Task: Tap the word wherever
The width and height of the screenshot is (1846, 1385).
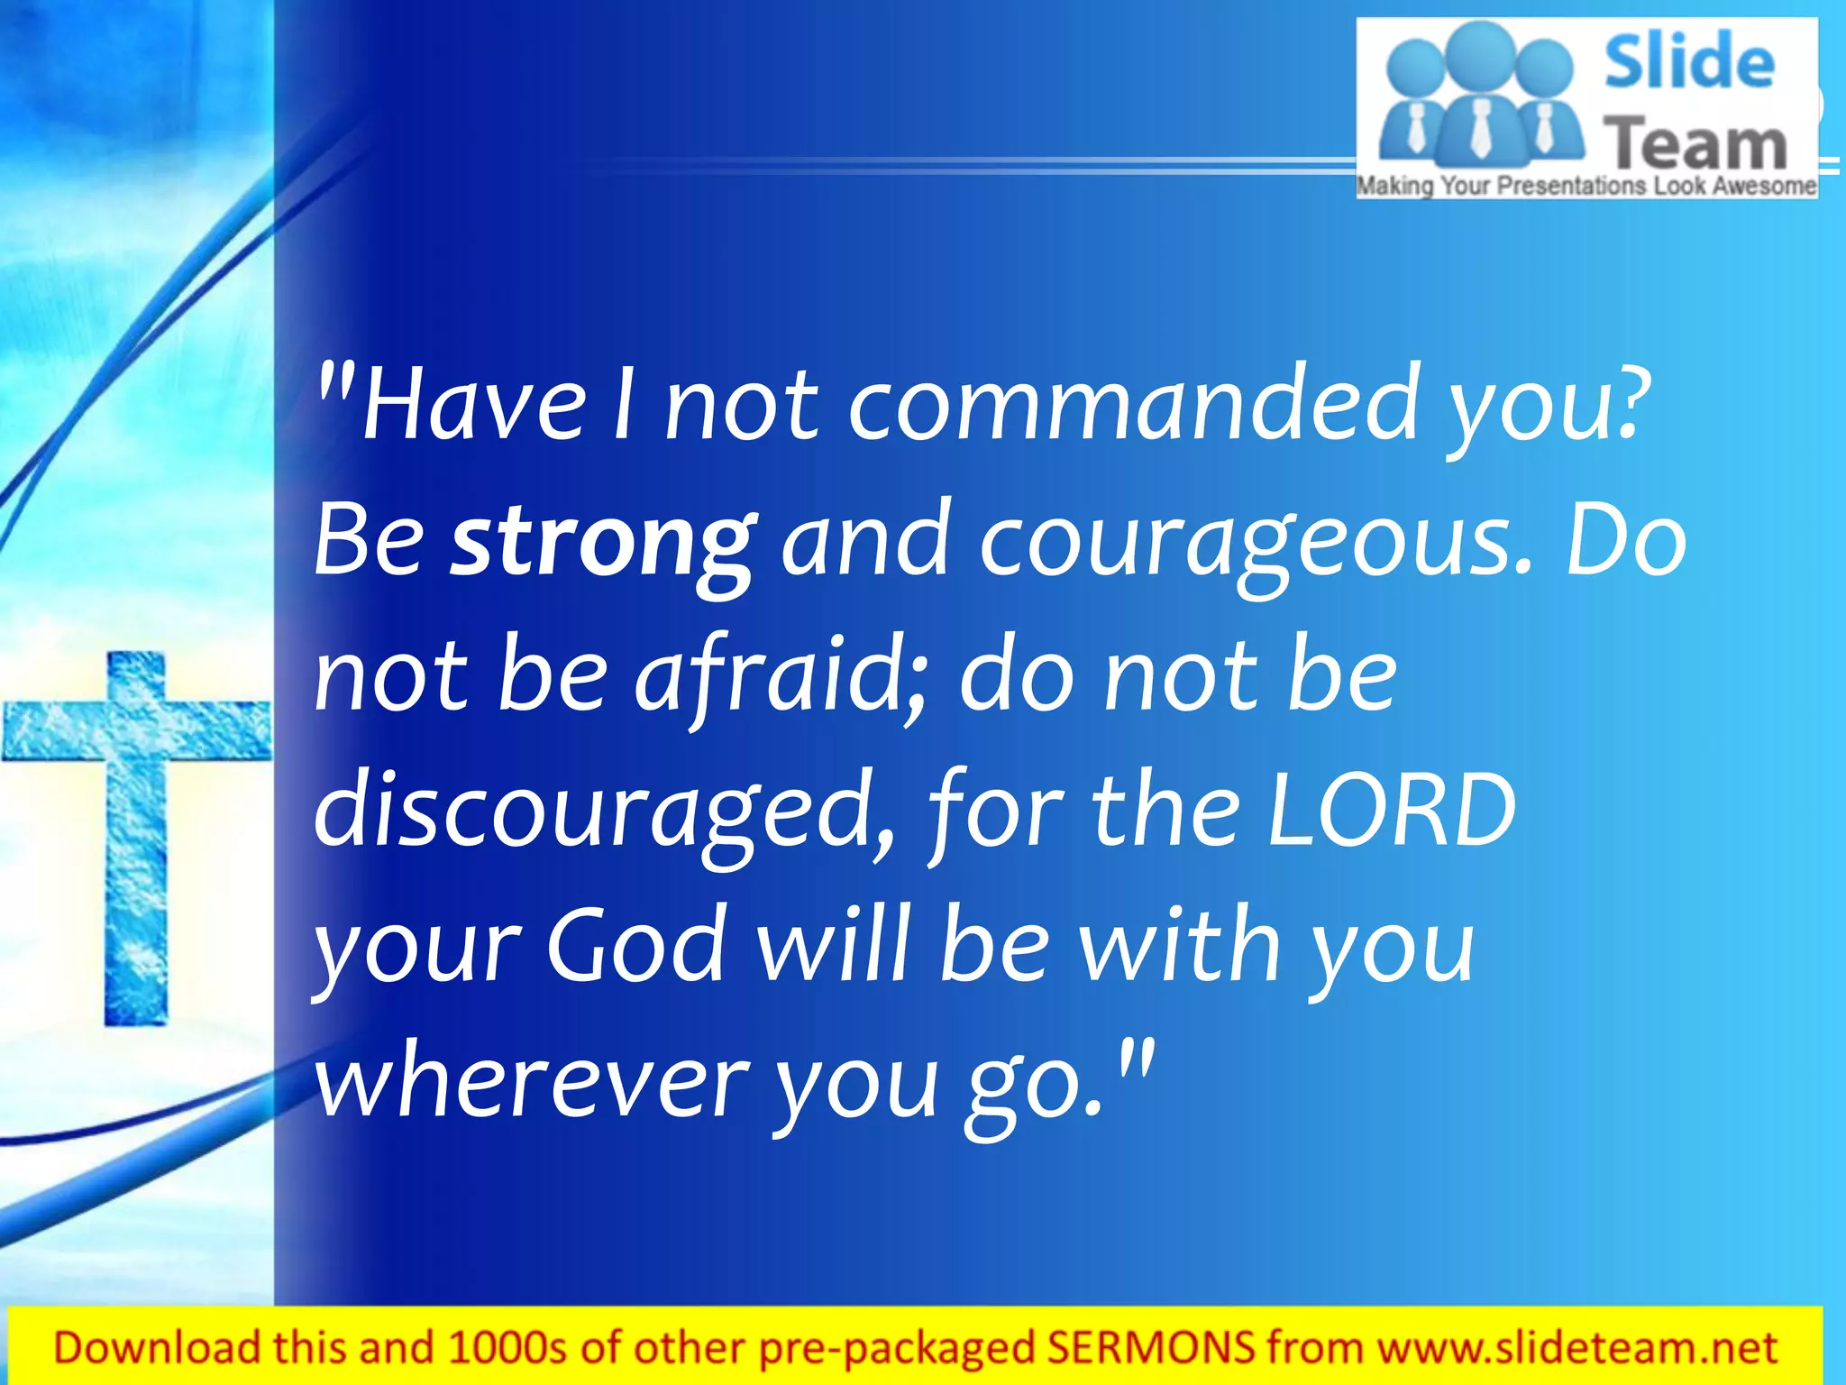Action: pos(533,1082)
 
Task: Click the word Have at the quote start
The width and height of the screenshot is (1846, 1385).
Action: pos(473,406)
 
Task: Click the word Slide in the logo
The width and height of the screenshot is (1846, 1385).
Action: pos(1688,61)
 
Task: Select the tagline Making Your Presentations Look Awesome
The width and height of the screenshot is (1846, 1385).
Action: pos(1586,186)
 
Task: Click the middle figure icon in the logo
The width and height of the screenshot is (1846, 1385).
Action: pos(1479,99)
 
